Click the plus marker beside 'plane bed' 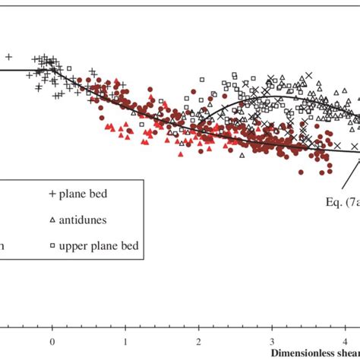tap(52, 194)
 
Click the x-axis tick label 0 tap(52, 343)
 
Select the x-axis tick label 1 tap(125, 343)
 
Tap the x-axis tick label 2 tap(198, 343)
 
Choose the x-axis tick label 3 tap(271, 343)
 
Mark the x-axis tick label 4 tap(344, 343)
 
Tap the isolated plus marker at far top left tap(8, 56)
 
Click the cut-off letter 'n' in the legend tap(3, 246)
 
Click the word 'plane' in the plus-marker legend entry tap(78, 194)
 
